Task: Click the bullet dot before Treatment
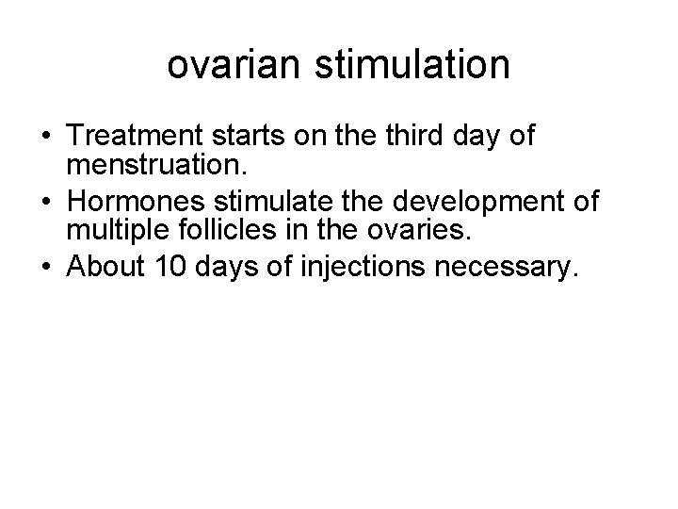click(43, 138)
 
